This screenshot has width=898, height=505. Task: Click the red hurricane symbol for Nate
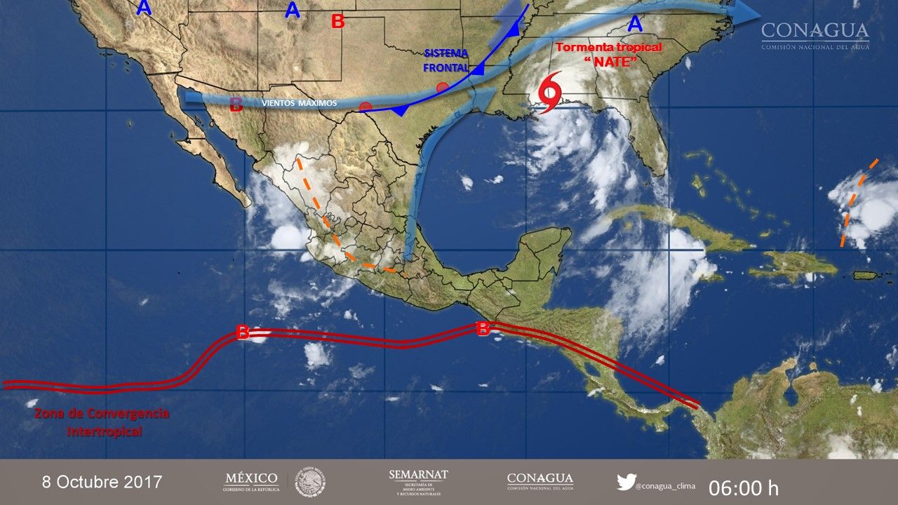coord(549,91)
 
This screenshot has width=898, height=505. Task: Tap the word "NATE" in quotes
coord(610,62)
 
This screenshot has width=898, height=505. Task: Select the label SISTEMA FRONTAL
coord(446,60)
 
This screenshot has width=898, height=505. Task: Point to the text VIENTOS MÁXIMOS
coord(299,103)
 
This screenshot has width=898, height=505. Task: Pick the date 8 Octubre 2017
coord(102,482)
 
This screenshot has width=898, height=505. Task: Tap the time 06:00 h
coord(743,487)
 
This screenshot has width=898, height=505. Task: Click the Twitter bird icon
coord(626,482)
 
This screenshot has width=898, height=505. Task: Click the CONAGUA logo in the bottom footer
coord(540,481)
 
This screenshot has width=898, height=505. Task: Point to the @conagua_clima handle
coord(667,484)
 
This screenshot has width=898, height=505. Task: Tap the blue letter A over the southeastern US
coord(634,25)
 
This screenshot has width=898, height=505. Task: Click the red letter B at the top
coord(337,22)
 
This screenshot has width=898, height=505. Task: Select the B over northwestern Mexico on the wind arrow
coord(236,105)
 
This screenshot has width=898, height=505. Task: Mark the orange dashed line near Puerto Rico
coord(857,203)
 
